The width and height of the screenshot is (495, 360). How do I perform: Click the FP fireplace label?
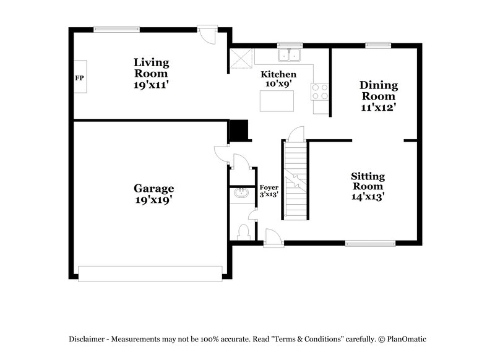point(79,78)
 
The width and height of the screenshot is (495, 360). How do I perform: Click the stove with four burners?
point(320,92)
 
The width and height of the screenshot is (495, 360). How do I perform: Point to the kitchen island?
point(277,101)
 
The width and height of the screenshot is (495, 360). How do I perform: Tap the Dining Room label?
point(378,90)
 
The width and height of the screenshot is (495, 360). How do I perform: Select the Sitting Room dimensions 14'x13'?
point(368,197)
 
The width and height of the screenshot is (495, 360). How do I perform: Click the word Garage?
point(154,189)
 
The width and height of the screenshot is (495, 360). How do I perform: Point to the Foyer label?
point(269,187)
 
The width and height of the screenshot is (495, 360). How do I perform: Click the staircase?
point(296,179)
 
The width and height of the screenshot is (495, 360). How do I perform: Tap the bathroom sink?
point(240,194)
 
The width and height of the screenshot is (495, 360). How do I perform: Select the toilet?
point(243,232)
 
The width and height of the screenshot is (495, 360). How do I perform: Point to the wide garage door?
point(150,273)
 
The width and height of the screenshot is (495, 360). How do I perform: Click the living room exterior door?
point(208,33)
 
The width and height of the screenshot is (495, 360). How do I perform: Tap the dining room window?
point(377,45)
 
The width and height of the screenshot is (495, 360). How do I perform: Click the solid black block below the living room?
point(238,131)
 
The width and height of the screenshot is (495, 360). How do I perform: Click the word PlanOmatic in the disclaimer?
point(407,339)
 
